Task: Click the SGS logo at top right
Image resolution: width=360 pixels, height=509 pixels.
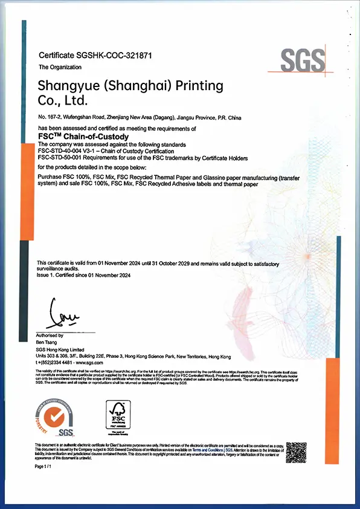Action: click(x=304, y=60)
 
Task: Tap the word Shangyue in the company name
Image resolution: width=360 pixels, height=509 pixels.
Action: click(x=65, y=85)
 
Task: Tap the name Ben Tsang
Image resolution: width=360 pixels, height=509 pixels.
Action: click(x=47, y=342)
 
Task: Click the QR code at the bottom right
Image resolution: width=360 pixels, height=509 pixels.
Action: click(x=296, y=453)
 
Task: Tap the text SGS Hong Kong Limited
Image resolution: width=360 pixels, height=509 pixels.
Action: click(x=59, y=350)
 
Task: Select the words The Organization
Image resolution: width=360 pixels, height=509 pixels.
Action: click(x=56, y=67)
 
